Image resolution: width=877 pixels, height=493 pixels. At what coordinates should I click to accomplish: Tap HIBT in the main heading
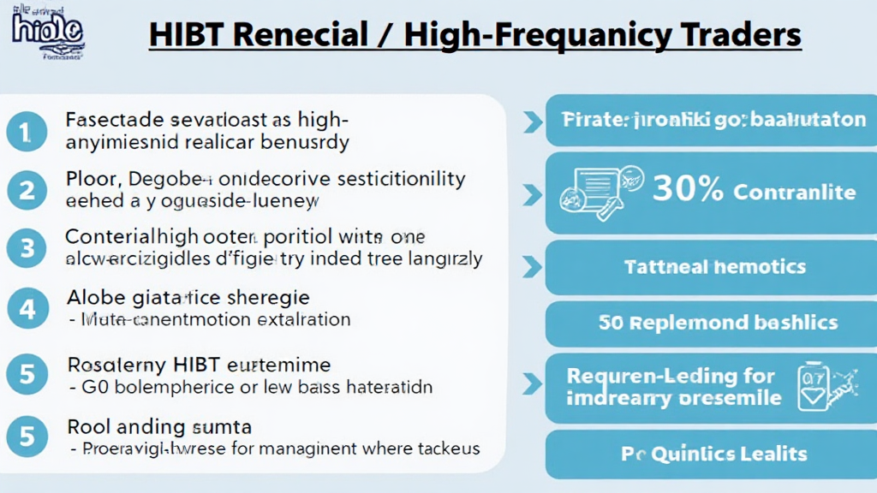pos(188,35)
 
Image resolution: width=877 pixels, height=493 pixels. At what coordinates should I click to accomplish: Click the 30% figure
pos(688,189)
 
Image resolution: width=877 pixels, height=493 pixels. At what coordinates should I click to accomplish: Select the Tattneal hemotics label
pos(715,267)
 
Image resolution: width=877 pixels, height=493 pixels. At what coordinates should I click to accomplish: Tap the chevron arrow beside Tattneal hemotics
pos(533,267)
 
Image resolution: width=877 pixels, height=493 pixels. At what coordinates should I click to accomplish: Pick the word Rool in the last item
pos(87,426)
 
